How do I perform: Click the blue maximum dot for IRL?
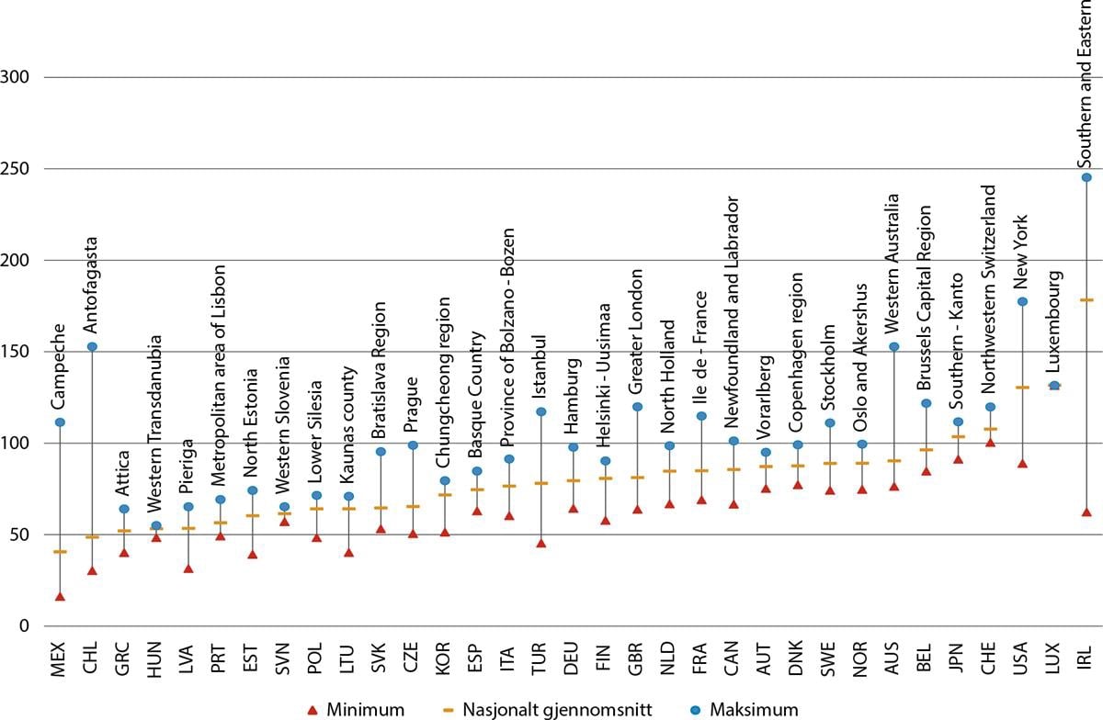click(x=1086, y=177)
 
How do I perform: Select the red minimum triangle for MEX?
click(x=60, y=597)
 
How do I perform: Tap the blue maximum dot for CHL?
click(x=92, y=346)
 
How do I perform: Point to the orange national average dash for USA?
click(x=1022, y=388)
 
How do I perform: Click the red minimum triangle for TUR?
click(x=541, y=544)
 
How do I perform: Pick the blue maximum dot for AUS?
click(x=893, y=346)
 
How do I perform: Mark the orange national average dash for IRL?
click(x=1086, y=299)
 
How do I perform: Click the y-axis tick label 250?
click(x=18, y=169)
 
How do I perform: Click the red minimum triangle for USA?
click(x=1022, y=464)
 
